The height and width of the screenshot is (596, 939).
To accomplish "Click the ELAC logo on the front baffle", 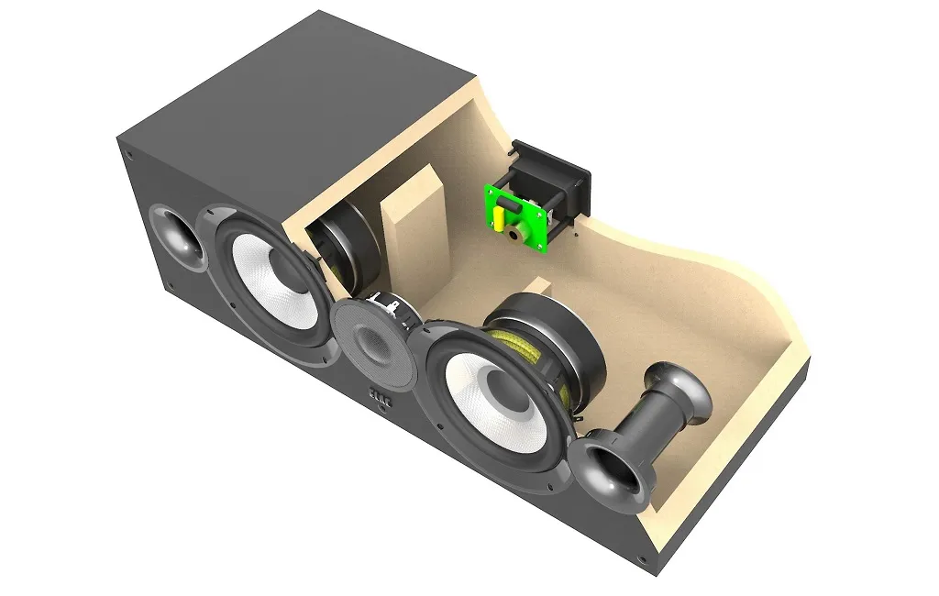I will coord(379,395).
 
